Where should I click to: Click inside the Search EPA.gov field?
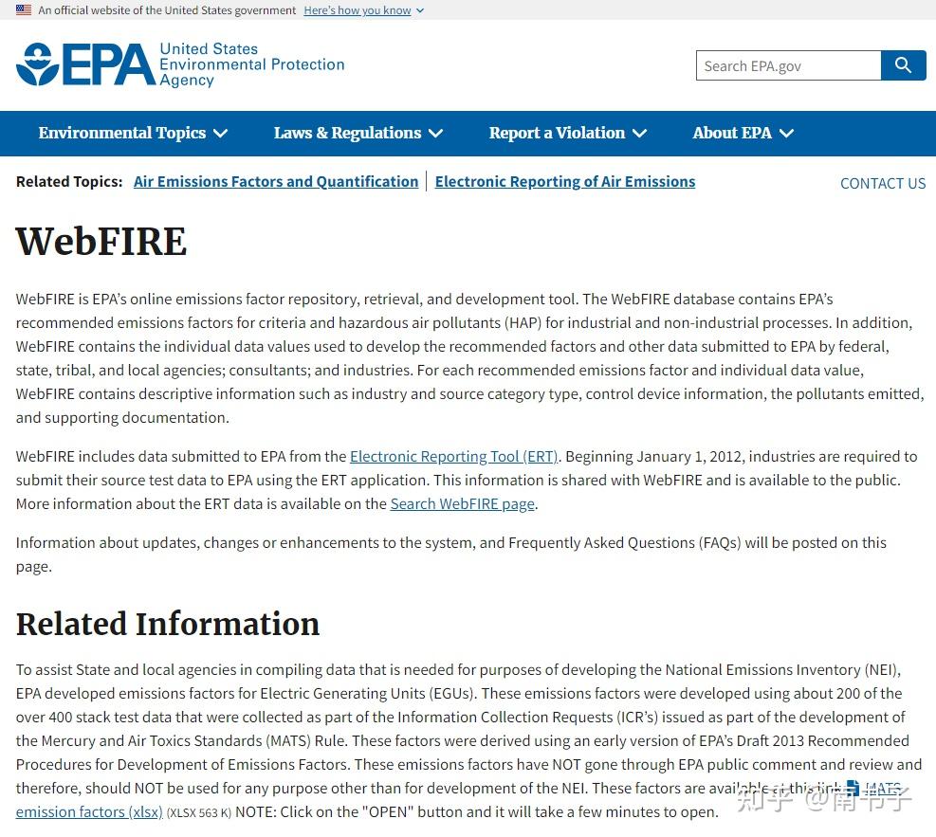(x=787, y=66)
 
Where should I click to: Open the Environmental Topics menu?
(x=133, y=134)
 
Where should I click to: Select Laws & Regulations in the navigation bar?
(x=358, y=134)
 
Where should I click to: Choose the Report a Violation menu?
(x=567, y=134)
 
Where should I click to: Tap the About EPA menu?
(x=743, y=134)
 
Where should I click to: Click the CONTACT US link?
(x=882, y=184)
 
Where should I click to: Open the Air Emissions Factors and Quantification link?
(x=276, y=182)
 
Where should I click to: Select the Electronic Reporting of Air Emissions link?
(x=565, y=182)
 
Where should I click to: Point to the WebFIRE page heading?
(x=101, y=242)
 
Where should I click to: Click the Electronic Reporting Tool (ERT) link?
(x=454, y=457)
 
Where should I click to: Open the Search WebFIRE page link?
(x=463, y=504)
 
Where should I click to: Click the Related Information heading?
(x=168, y=625)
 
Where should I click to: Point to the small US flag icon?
(x=24, y=10)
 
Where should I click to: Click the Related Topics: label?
(x=69, y=182)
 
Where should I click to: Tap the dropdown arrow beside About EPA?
(x=786, y=134)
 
